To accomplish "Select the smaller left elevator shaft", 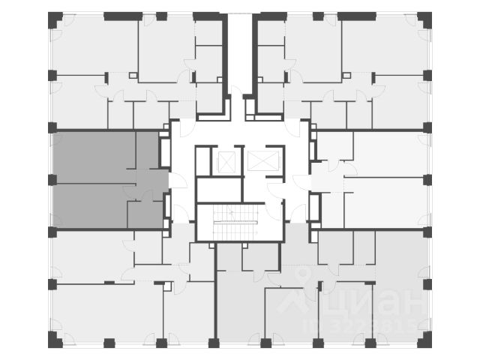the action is [226, 160].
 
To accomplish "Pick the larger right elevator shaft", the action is [262, 160].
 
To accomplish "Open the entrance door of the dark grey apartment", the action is [175, 181].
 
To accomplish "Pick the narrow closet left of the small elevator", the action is [201, 160].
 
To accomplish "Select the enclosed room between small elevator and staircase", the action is [219, 189].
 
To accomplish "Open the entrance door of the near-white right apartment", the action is [302, 181].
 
